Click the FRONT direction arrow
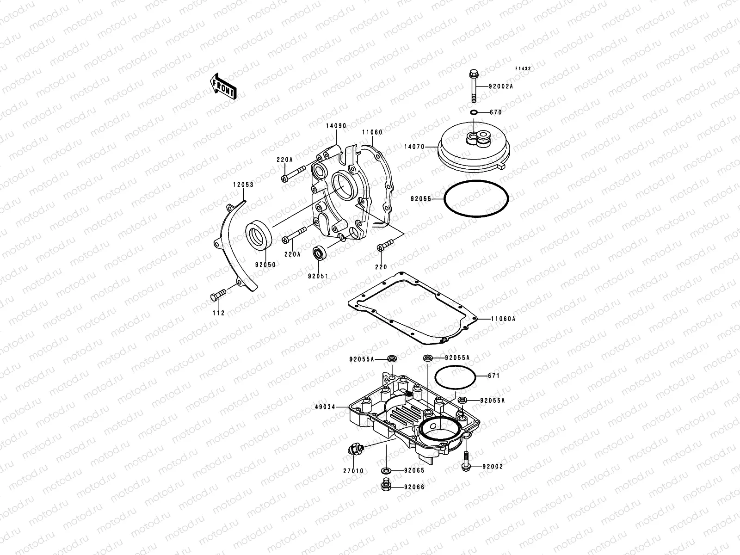click(x=223, y=86)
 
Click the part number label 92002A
click(x=501, y=86)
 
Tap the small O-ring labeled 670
click(x=474, y=112)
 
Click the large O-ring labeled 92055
click(x=476, y=199)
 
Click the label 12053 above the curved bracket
click(x=243, y=185)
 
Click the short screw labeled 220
click(x=384, y=247)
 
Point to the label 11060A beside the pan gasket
click(x=503, y=319)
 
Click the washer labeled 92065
click(x=385, y=470)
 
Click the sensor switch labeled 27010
click(x=355, y=449)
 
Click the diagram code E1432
click(x=524, y=68)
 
